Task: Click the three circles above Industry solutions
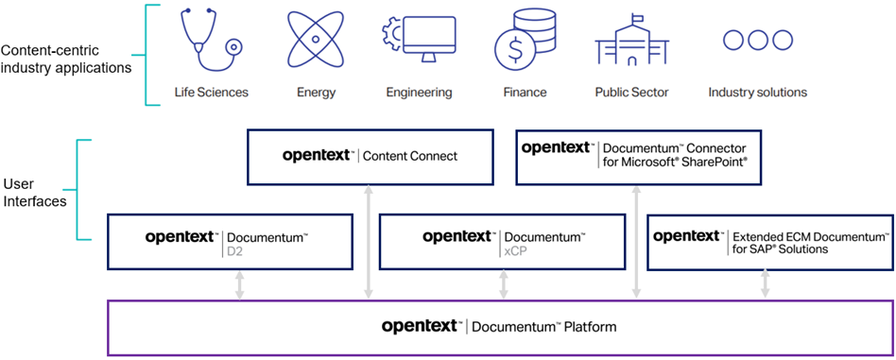[757, 40]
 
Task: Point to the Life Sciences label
[211, 93]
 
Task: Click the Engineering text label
[419, 93]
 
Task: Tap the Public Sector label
[631, 93]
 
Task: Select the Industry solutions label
[757, 93]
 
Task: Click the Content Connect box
[370, 157]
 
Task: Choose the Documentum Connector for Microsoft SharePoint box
[634, 157]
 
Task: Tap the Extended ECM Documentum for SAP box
[769, 242]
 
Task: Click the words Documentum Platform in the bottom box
[543, 327]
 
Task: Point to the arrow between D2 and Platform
[239, 285]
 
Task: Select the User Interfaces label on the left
[34, 193]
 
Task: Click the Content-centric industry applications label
[66, 59]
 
